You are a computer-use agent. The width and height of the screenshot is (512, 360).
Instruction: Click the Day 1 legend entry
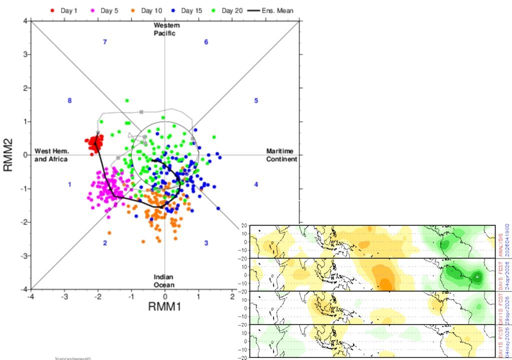pyautogui.click(x=64, y=10)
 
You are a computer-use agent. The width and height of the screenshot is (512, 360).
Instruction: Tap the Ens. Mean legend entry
pyautogui.click(x=272, y=10)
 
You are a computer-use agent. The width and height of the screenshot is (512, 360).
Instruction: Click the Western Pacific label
pyautogui.click(x=166, y=29)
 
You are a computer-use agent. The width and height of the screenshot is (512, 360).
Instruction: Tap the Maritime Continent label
pyautogui.click(x=281, y=155)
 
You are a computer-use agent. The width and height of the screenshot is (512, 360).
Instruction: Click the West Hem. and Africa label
pyautogui.click(x=51, y=155)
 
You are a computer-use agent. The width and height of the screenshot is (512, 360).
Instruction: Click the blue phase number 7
pyautogui.click(x=105, y=42)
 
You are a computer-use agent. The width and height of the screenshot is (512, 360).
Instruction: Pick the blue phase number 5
pyautogui.click(x=256, y=100)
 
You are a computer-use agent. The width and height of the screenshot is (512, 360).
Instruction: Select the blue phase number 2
pyautogui.click(x=105, y=243)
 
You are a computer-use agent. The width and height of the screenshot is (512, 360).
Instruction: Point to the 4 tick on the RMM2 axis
pyautogui.click(x=24, y=20)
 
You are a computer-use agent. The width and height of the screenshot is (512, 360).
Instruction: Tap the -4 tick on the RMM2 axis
pyautogui.click(x=23, y=289)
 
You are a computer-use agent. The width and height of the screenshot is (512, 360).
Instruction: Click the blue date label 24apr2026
pyautogui.click(x=507, y=274)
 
